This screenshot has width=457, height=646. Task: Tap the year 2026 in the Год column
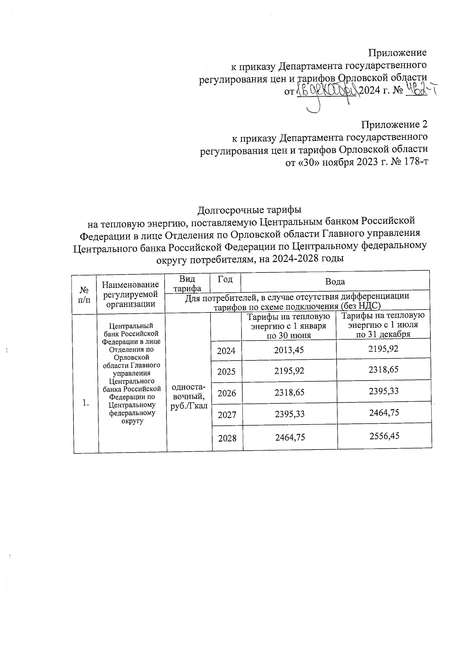pyautogui.click(x=227, y=393)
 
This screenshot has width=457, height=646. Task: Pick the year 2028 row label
pyautogui.click(x=227, y=439)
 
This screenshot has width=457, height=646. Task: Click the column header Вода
pyautogui.click(x=335, y=282)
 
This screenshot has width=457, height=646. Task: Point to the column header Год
pyautogui.click(x=225, y=279)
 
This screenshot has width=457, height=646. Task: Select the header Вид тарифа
pyautogui.click(x=187, y=284)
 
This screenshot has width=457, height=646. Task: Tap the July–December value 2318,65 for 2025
pyautogui.click(x=383, y=369)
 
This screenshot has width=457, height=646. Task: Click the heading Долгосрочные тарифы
pyautogui.click(x=249, y=210)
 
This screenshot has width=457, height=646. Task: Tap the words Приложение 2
pyautogui.click(x=394, y=124)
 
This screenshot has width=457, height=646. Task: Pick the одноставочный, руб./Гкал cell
pyautogui.click(x=189, y=396)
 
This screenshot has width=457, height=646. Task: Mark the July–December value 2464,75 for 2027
pyautogui.click(x=384, y=412)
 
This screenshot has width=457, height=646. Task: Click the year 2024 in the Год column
pyautogui.click(x=226, y=351)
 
